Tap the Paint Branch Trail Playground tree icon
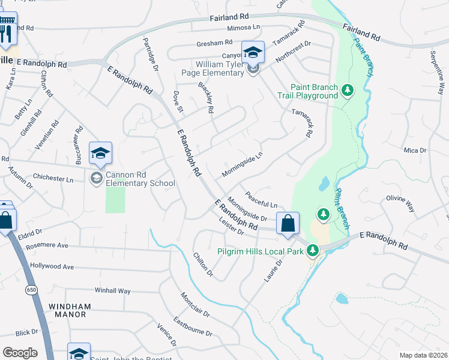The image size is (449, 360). (x=347, y=91)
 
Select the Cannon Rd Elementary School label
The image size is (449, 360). (x=140, y=179)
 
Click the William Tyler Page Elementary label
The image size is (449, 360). (x=218, y=69)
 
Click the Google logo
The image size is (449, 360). (x=20, y=352)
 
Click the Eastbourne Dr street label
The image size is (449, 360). (x=193, y=327)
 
